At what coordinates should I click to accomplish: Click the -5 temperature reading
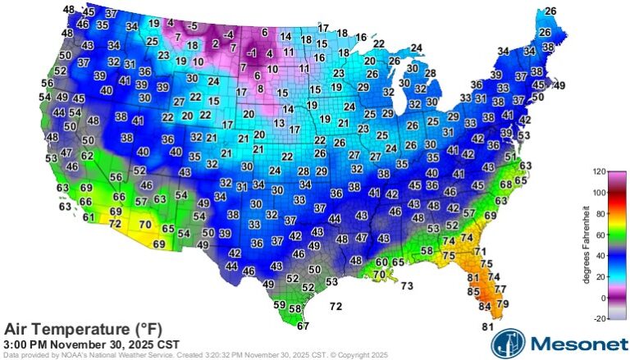[192, 25]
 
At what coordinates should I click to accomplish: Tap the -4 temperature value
[229, 34]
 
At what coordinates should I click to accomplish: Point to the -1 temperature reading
[253, 53]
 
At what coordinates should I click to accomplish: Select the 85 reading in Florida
[473, 291]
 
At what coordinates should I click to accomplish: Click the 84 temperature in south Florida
[485, 307]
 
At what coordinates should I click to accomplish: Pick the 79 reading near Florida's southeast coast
[503, 304]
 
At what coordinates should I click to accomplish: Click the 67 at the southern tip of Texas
[303, 326]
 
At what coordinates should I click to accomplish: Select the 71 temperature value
[481, 251]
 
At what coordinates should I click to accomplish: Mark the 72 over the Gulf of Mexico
[336, 306]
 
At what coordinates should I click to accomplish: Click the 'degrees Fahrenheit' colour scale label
[586, 247]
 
